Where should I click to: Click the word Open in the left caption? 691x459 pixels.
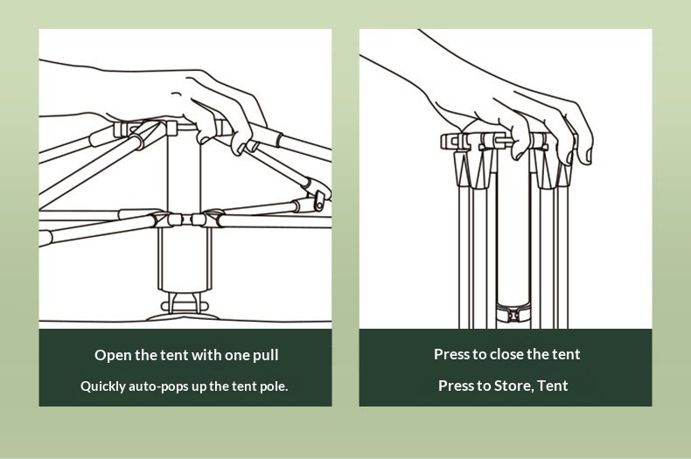112,355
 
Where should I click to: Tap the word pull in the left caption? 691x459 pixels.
262,355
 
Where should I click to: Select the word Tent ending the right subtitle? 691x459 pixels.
553,386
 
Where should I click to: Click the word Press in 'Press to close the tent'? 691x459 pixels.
452,354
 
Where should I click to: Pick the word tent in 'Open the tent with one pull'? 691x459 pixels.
173,355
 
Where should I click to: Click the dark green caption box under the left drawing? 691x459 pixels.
185,368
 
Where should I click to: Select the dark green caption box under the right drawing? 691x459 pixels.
506,368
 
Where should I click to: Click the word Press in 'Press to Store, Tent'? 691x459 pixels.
457,386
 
